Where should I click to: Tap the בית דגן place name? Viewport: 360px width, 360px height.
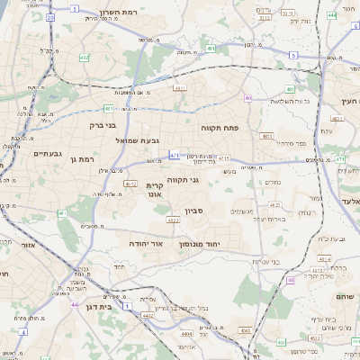pyautogui.click(x=94, y=308)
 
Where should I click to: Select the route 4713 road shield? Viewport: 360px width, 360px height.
pyautogui.click(x=224, y=158)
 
